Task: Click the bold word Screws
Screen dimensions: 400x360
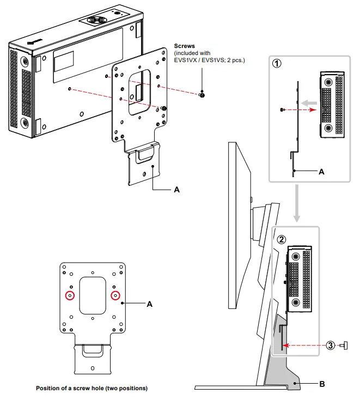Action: point(184,46)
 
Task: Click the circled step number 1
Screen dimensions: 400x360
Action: point(278,63)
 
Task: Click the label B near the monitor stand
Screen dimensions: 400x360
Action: point(321,384)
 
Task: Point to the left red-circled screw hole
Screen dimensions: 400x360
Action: point(70,295)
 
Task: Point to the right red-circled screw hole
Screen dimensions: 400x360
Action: point(115,295)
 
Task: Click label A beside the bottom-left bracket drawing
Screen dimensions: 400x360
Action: point(150,305)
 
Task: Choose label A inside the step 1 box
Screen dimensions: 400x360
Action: point(321,171)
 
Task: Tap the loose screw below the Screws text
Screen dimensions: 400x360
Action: point(202,95)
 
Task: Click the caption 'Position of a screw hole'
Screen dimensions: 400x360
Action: point(91,389)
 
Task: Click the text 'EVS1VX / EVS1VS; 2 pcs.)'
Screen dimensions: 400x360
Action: point(209,60)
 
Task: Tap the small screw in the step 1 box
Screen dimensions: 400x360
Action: point(282,110)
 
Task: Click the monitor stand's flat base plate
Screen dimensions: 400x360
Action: point(240,387)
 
